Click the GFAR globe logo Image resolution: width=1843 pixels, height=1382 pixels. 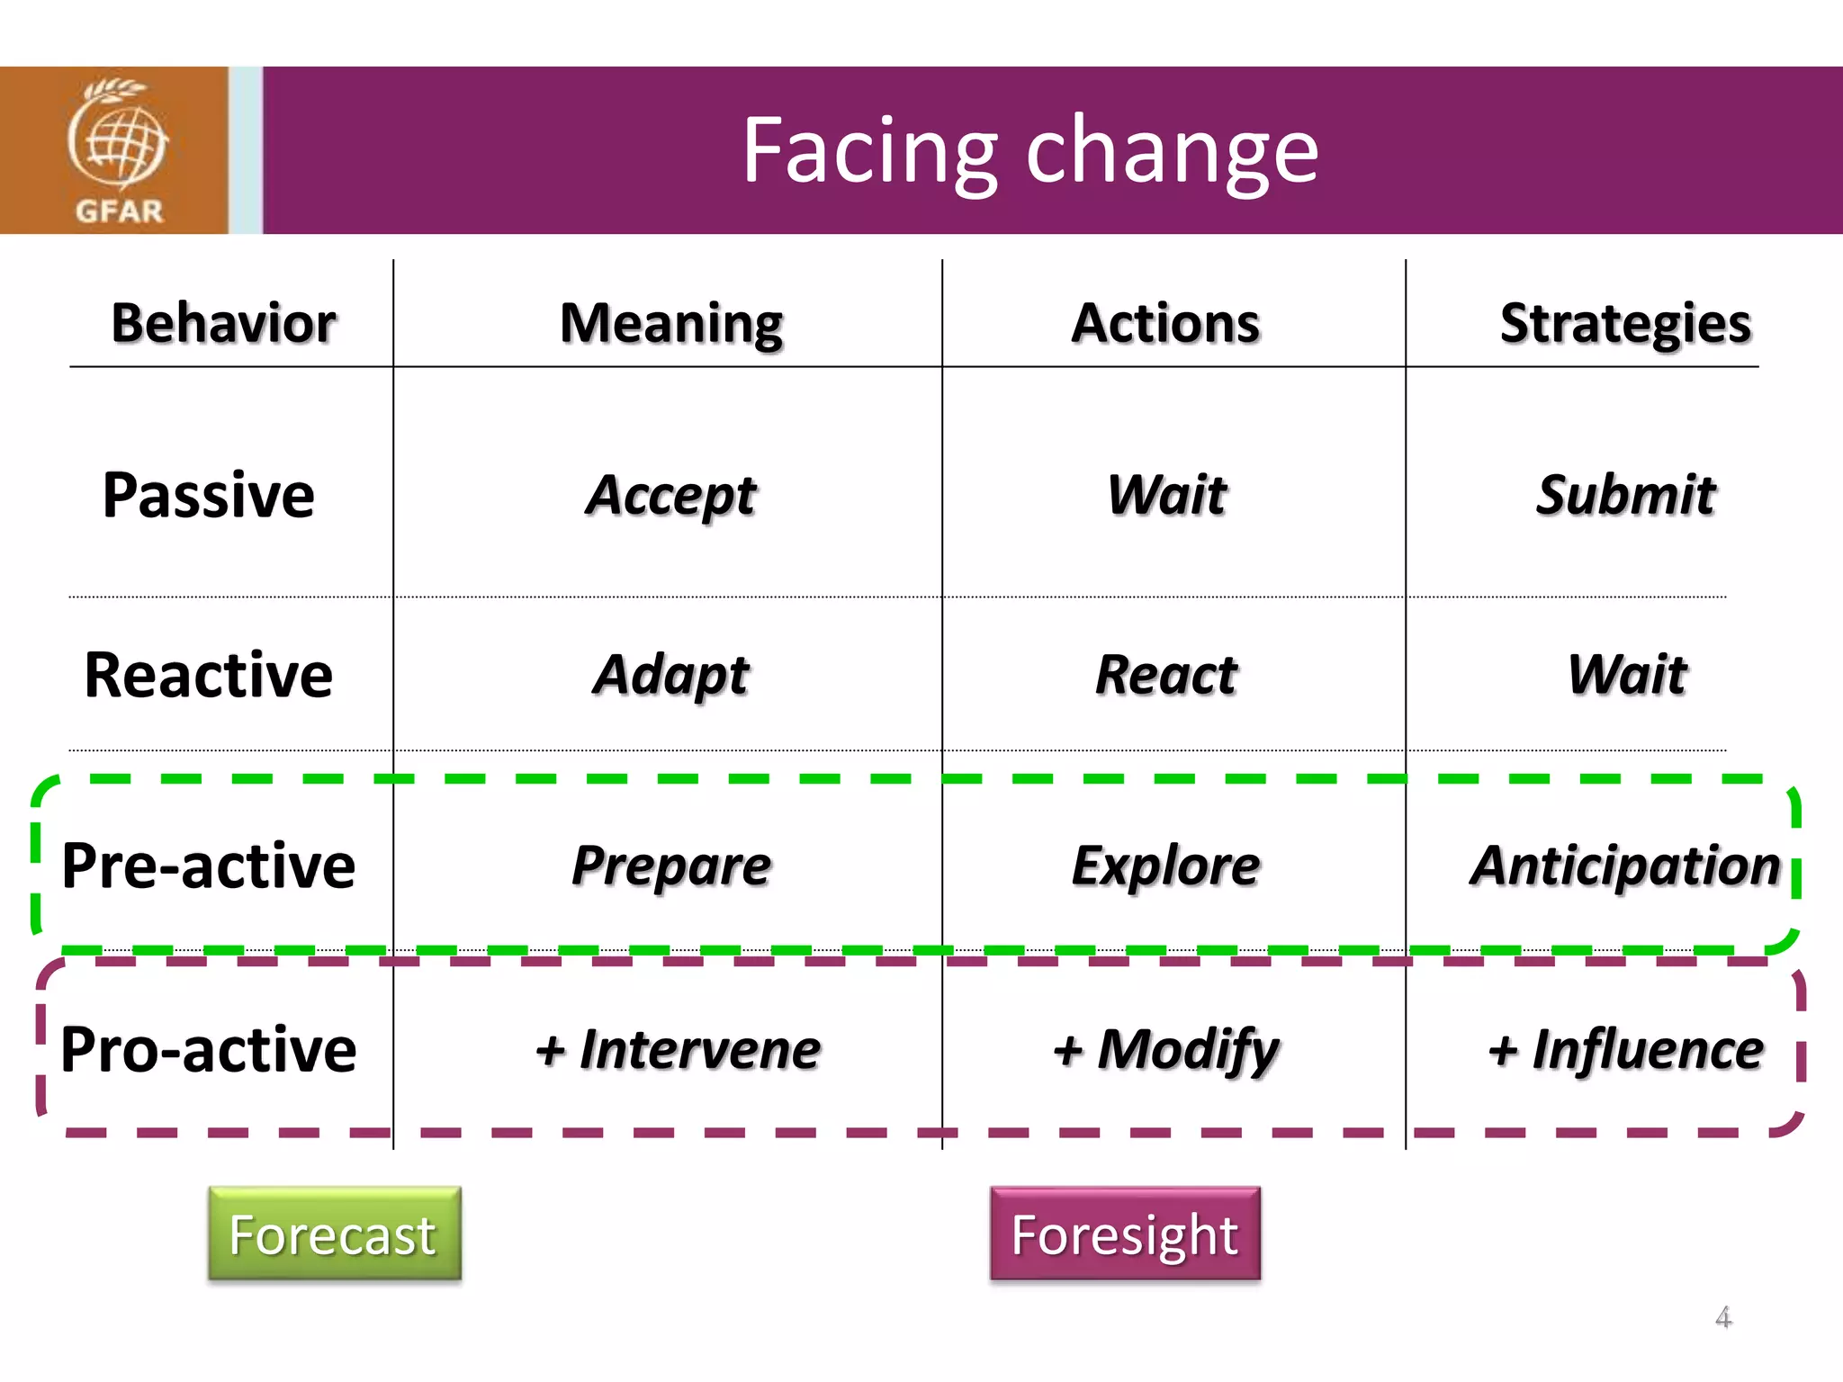click(117, 148)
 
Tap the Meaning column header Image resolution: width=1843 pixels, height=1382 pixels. click(671, 324)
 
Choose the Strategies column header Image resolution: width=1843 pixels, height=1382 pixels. click(1625, 324)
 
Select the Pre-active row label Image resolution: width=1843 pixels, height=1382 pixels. click(209, 866)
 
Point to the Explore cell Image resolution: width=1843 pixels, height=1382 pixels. click(1167, 866)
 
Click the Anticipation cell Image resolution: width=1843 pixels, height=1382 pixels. click(1625, 866)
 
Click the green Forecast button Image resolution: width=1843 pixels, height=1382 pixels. click(335, 1234)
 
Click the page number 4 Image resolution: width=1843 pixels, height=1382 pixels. click(1722, 1317)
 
